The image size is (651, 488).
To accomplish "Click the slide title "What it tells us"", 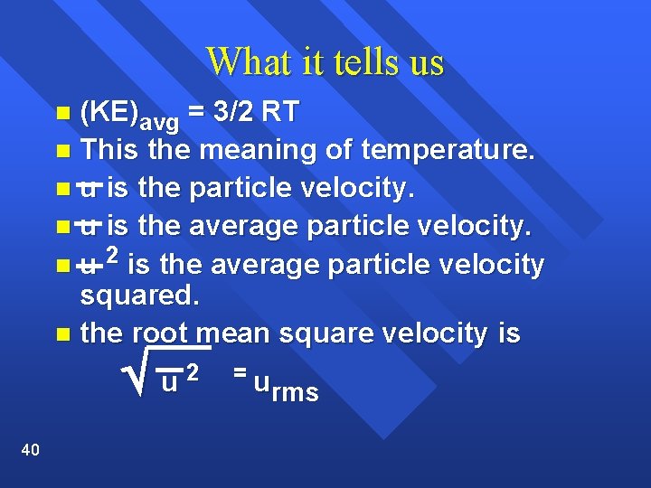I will [325, 61].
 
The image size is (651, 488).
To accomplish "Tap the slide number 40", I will [29, 450].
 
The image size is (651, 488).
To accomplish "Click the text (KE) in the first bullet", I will [107, 114].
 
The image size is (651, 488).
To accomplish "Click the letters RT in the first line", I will [280, 114].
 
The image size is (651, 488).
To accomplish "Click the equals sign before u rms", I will [239, 371].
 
